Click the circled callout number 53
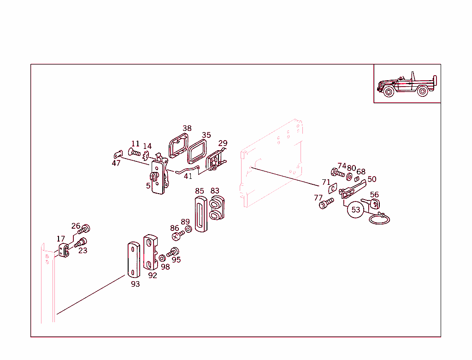356,210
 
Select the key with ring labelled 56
375,206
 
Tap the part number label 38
187,129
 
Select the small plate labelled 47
118,153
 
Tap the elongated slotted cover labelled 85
200,212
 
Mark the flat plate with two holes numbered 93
133,259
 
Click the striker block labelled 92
150,252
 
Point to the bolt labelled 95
174,252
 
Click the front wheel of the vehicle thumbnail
389,91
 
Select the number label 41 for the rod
188,176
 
